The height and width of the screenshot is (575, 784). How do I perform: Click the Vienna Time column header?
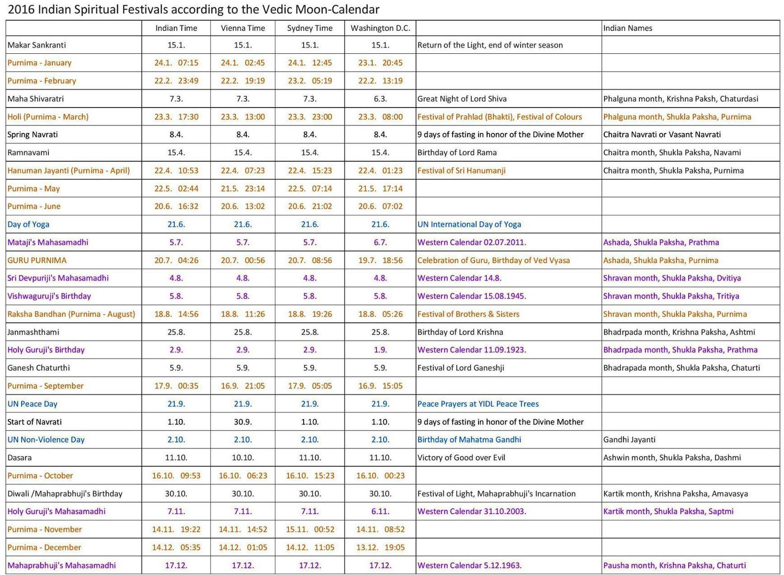(x=243, y=28)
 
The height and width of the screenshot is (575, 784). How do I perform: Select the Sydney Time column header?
(x=310, y=28)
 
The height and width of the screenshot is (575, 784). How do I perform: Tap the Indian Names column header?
(x=627, y=28)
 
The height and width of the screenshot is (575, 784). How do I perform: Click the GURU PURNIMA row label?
(x=37, y=260)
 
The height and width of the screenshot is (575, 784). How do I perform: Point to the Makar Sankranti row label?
(x=37, y=45)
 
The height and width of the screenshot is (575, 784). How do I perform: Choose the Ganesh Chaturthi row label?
(x=38, y=368)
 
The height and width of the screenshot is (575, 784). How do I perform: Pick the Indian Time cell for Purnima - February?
(x=176, y=81)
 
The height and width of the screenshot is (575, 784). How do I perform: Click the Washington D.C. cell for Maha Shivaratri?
(x=380, y=99)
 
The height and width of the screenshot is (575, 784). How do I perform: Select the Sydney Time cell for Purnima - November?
(x=310, y=529)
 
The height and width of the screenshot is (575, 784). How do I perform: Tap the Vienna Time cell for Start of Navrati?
(x=243, y=422)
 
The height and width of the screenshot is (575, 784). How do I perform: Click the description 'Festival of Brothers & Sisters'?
(x=468, y=314)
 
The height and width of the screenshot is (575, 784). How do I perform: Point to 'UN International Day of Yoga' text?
(x=469, y=224)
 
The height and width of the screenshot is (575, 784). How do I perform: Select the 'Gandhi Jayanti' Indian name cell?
(x=629, y=439)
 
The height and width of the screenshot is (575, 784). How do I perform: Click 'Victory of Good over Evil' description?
(x=461, y=457)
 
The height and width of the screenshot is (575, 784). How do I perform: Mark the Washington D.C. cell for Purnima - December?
(x=380, y=547)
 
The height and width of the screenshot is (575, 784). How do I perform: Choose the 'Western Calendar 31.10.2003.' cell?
(x=471, y=511)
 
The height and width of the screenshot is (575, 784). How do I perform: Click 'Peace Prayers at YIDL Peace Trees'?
(x=478, y=404)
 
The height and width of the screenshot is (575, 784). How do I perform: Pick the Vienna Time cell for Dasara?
(x=243, y=457)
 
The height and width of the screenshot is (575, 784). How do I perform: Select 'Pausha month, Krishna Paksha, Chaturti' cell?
(x=674, y=566)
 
